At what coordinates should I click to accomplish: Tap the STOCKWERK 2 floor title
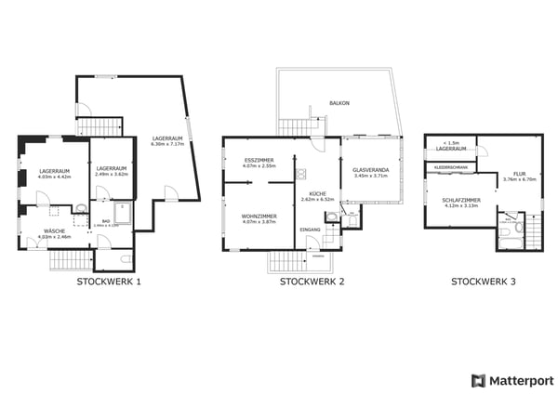pos(312,282)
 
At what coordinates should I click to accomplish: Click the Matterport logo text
pos(520,380)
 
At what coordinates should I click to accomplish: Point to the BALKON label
pos(339,103)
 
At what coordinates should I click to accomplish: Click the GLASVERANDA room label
pos(370,170)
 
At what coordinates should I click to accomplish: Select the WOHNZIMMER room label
pos(258,217)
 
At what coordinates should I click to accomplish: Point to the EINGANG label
pos(310,229)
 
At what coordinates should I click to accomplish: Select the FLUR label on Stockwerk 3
pos(519,174)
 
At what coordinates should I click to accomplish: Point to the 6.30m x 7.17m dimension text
pos(169,144)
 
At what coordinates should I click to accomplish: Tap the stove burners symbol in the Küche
pos(301,174)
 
